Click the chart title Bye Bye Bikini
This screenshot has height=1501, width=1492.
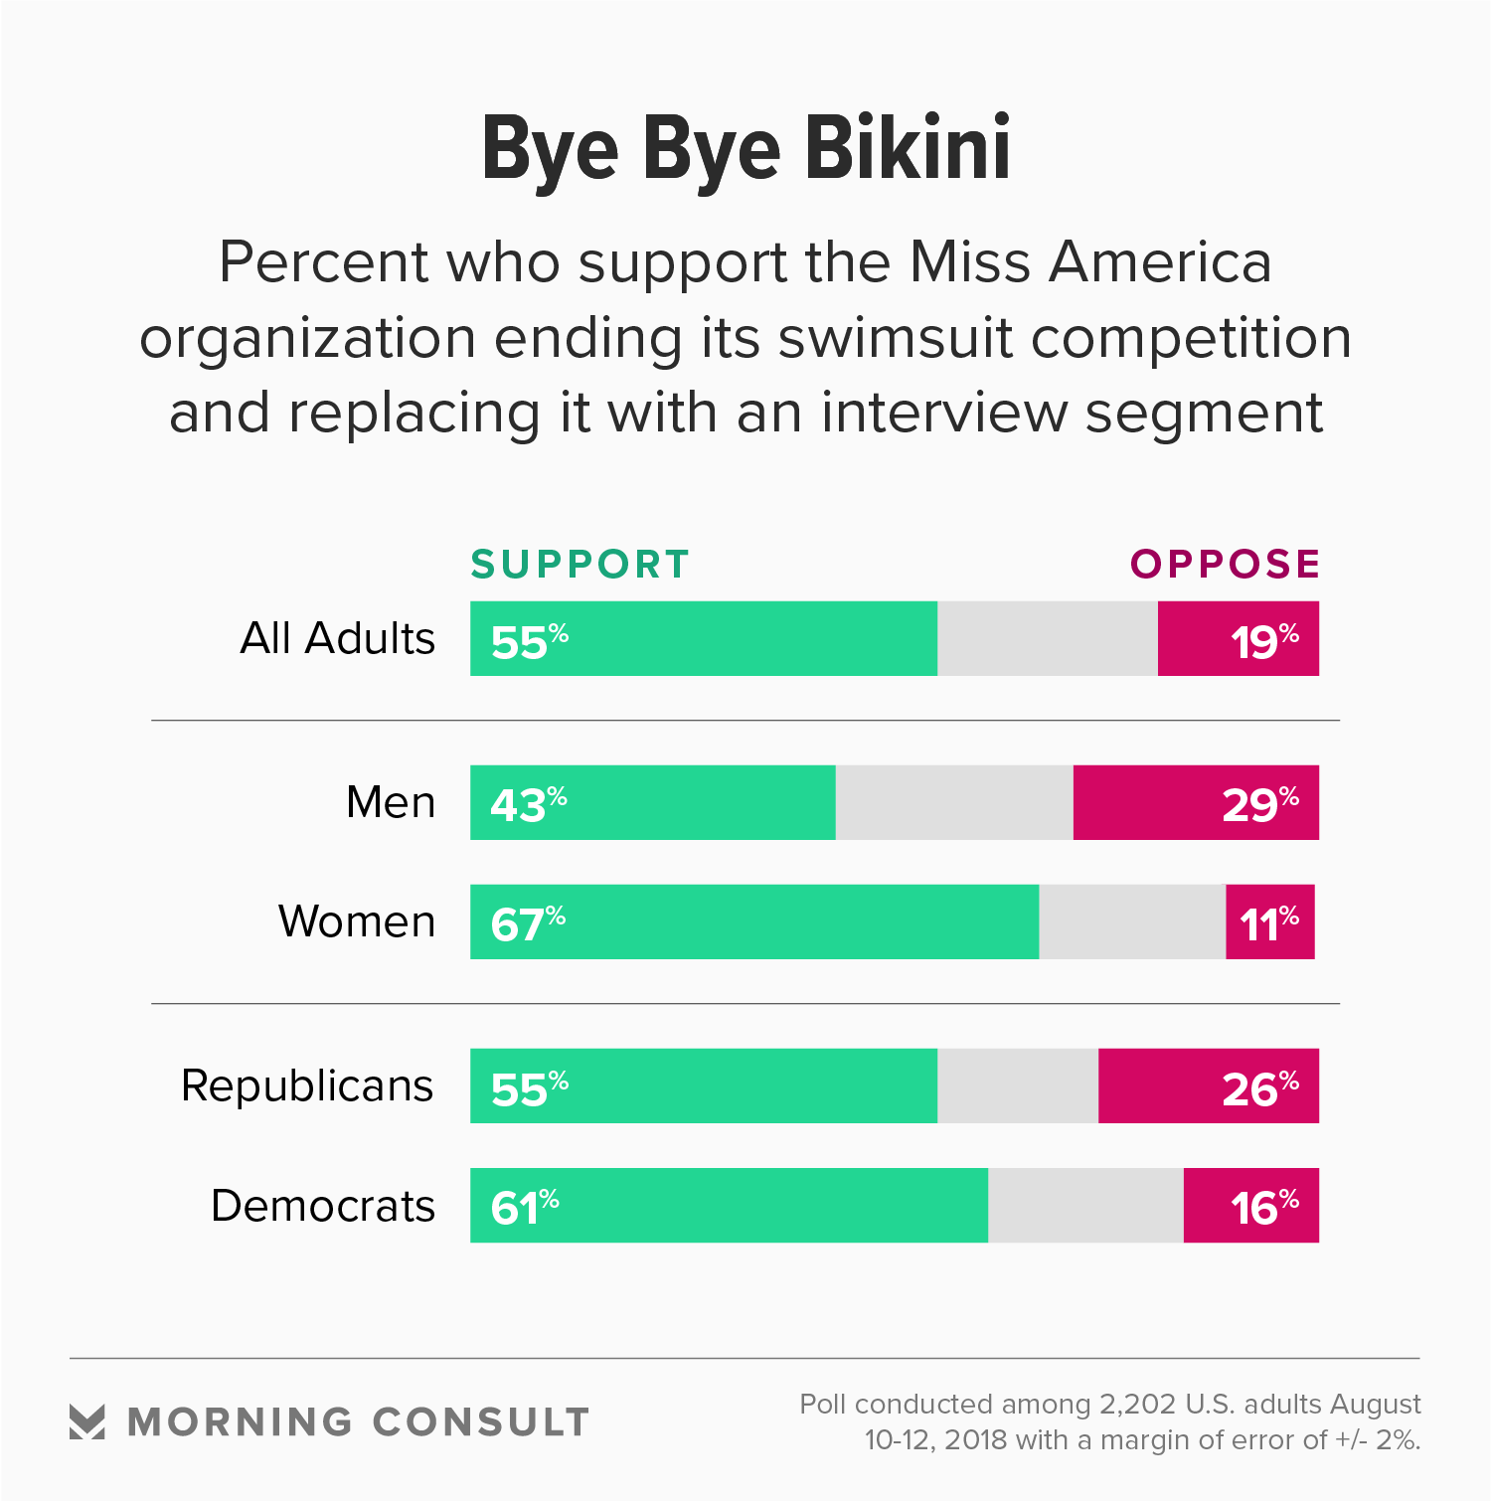coord(746,149)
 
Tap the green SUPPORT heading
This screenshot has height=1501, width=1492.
coord(580,565)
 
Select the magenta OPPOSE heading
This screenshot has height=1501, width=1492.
coord(1225,565)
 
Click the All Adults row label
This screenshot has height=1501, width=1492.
coord(338,638)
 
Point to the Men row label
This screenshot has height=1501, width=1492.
coord(391,802)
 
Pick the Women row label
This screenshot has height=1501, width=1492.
coord(357,921)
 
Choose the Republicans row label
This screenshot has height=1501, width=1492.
coord(307,1085)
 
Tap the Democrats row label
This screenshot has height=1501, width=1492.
coord(323,1206)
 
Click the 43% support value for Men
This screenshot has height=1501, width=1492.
coord(528,804)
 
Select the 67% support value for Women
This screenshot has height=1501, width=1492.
coord(528,923)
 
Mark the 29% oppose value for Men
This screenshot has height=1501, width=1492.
coord(1259,804)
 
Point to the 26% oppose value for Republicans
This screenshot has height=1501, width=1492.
coord(1259,1087)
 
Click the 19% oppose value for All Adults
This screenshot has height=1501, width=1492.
coord(1263,640)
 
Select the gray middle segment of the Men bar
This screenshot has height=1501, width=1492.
coord(954,802)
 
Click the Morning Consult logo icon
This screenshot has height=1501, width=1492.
coord(87,1421)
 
